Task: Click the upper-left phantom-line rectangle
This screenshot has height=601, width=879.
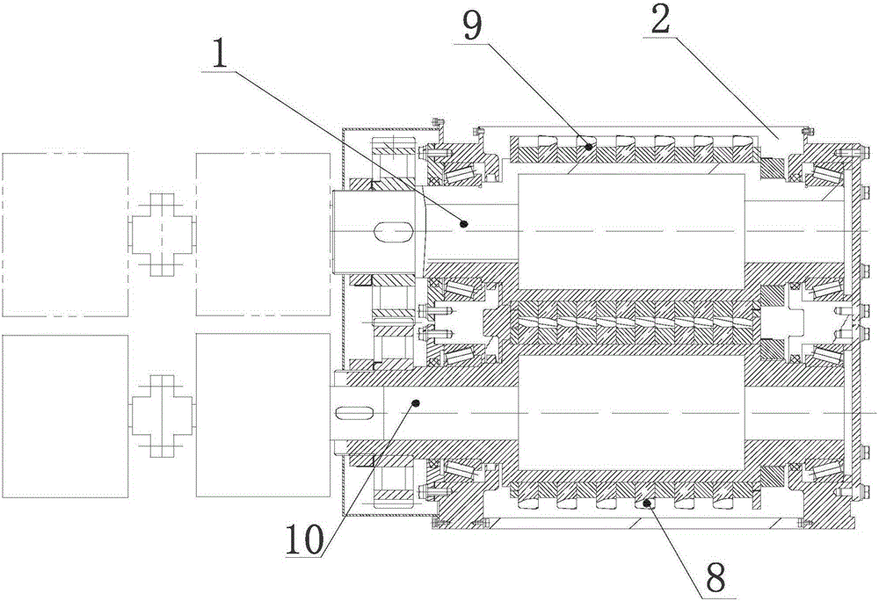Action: [65, 234]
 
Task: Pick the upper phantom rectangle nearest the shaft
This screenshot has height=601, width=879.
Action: [261, 234]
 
